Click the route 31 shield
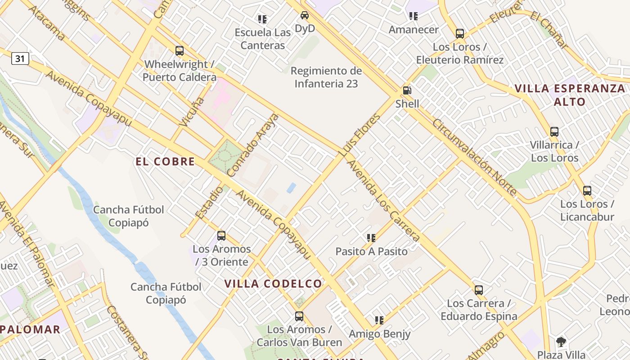(20, 58)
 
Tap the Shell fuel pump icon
(407, 90)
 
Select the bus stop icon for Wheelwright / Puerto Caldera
(180, 51)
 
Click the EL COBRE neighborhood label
(165, 162)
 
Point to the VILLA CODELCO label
(273, 283)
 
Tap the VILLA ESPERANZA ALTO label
(570, 95)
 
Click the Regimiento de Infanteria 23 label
(326, 77)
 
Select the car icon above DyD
(305, 15)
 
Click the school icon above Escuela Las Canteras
(262, 19)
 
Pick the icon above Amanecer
(414, 16)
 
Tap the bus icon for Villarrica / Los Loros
(554, 132)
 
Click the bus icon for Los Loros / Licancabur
(587, 190)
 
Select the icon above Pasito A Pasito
(371, 238)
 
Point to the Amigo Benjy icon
(379, 320)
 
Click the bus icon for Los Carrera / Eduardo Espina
(479, 290)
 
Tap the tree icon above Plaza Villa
(561, 342)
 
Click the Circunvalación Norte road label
(474, 157)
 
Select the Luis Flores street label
(360, 135)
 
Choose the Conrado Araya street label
(253, 145)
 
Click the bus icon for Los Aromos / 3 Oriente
(221, 235)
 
